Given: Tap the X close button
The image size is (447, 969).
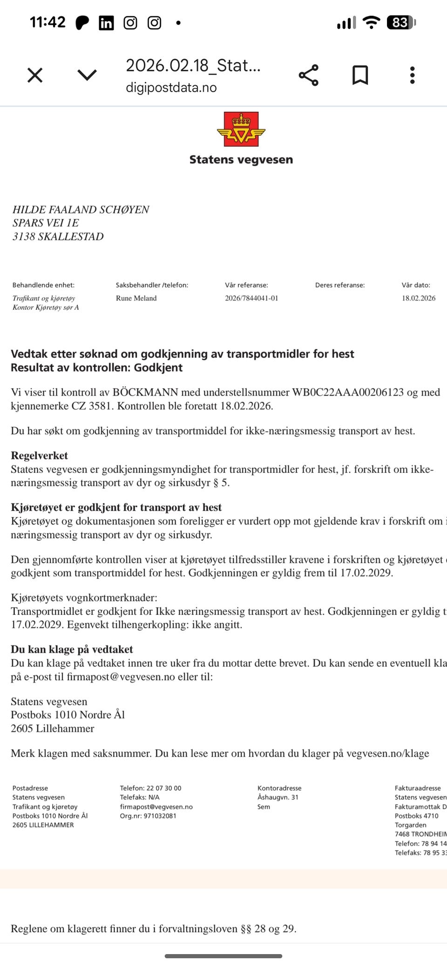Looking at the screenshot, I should click(x=35, y=75).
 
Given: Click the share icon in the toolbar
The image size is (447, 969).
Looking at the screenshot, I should click(x=308, y=75).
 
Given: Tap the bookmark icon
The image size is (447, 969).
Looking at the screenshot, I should click(x=360, y=75).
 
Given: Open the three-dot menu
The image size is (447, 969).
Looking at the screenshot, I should click(x=412, y=75).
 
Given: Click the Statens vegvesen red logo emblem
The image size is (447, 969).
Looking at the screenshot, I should click(x=241, y=129).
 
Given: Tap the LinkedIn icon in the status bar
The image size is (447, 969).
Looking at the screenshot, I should click(x=106, y=23).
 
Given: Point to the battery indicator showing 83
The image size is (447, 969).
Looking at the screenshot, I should click(x=400, y=22).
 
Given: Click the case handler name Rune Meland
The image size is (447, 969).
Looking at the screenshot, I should click(x=136, y=298).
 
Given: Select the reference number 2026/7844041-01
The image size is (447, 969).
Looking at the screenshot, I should click(x=251, y=298).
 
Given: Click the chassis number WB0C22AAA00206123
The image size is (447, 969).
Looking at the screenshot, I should click(x=347, y=392).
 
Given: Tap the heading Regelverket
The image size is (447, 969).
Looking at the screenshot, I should click(x=39, y=456).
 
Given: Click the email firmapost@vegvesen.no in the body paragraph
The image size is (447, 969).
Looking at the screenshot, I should click(x=121, y=676).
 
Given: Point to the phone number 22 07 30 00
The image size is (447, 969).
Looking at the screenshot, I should click(x=164, y=788).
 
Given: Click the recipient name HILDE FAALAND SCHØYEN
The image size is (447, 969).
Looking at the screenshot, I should click(x=81, y=210).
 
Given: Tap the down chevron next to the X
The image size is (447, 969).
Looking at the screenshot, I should click(x=87, y=75).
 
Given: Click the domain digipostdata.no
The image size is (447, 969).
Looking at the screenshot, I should click(x=171, y=88).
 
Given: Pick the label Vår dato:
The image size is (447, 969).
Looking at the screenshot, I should click(x=416, y=285).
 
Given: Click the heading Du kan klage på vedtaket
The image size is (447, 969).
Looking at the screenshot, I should click(x=72, y=649).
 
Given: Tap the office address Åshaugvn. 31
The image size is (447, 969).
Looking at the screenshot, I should click(x=278, y=797).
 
